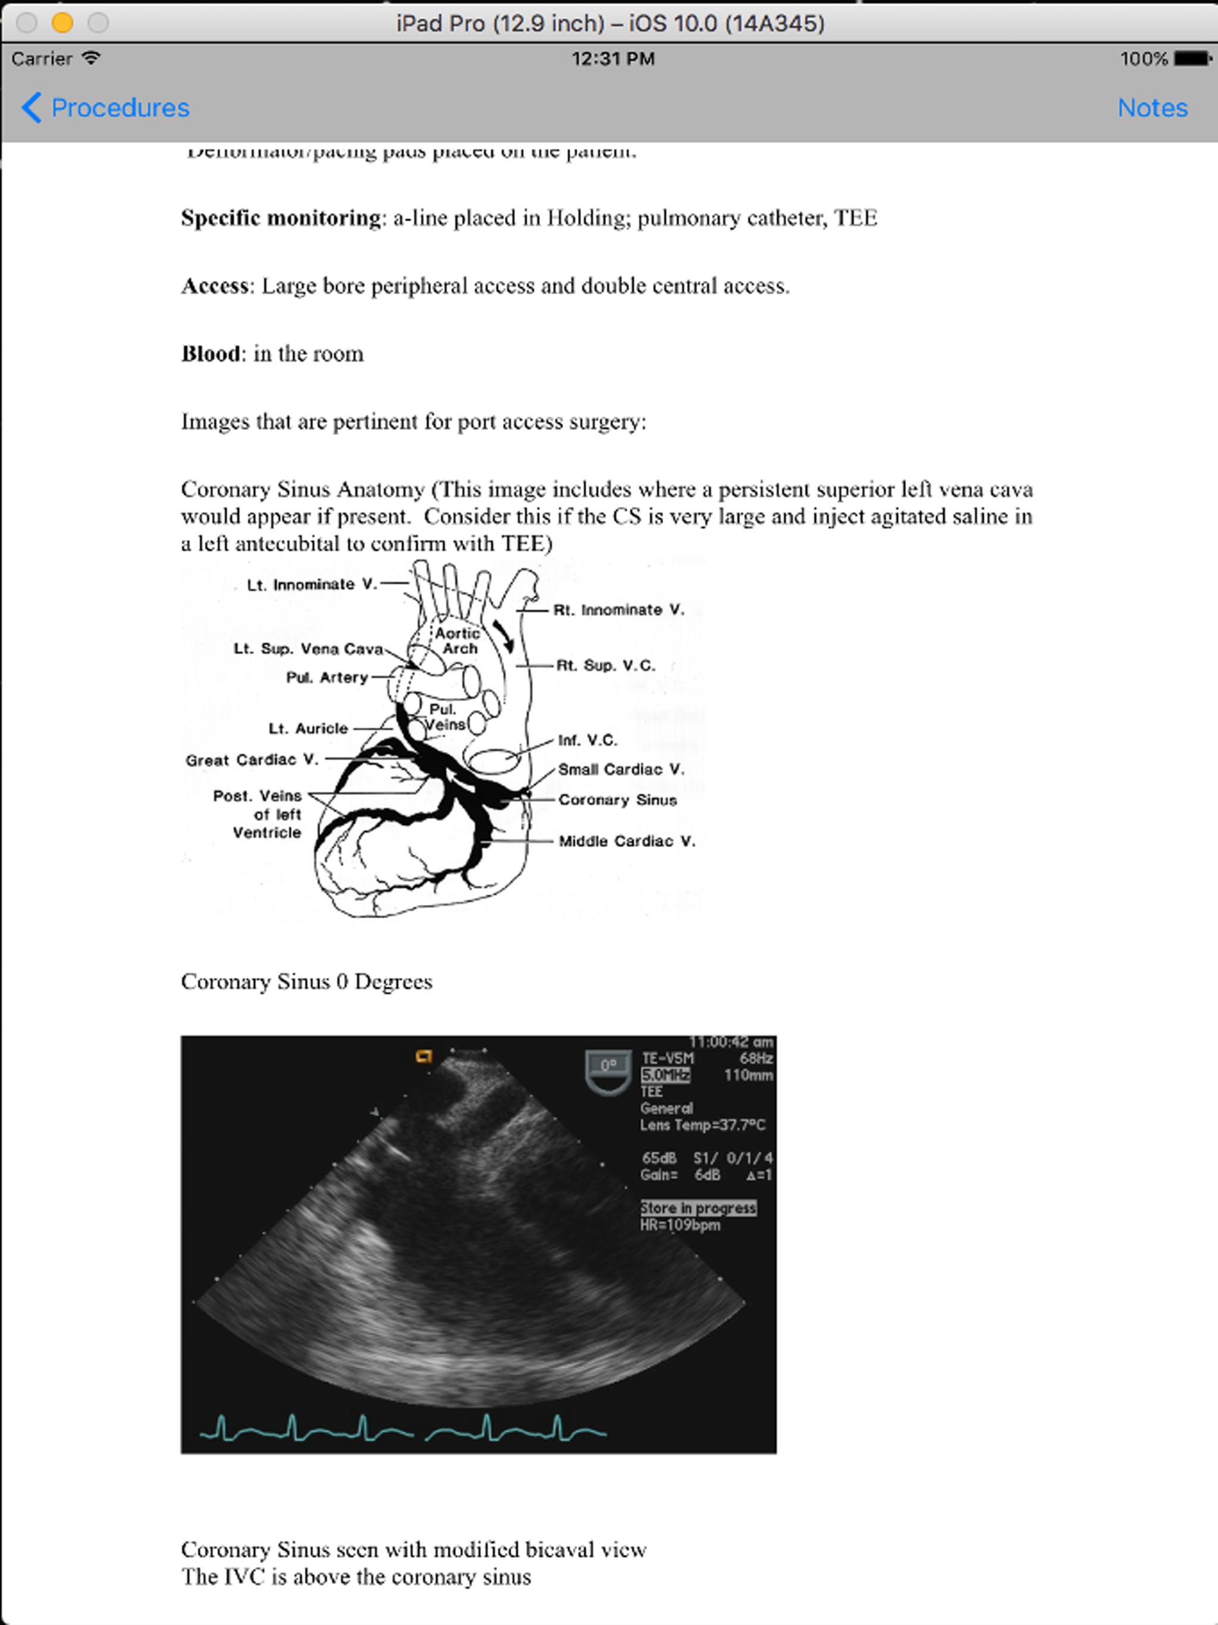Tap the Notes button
pyautogui.click(x=1152, y=108)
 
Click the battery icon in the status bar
pyautogui.click(x=1192, y=58)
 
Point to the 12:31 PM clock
pyautogui.click(x=613, y=59)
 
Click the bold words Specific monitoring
pyautogui.click(x=281, y=218)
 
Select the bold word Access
pyautogui.click(x=215, y=286)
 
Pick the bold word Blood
pyautogui.click(x=210, y=354)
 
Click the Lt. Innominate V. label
pyautogui.click(x=312, y=585)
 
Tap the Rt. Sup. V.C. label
pyautogui.click(x=605, y=666)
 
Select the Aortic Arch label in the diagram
pyautogui.click(x=458, y=641)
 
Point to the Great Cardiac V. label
pyautogui.click(x=251, y=760)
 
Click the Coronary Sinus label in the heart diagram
pyautogui.click(x=617, y=800)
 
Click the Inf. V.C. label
pyautogui.click(x=587, y=740)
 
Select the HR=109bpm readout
pyautogui.click(x=680, y=1225)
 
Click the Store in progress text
pyautogui.click(x=697, y=1207)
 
